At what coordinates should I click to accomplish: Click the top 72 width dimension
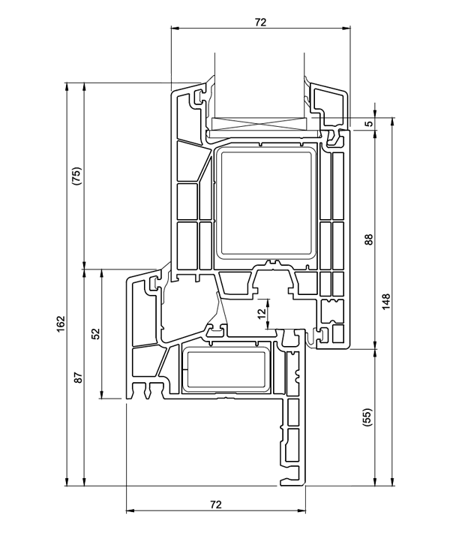260,22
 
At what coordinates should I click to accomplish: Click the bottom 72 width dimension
215,504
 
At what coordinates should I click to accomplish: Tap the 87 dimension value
77,378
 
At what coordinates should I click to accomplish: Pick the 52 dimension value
95,333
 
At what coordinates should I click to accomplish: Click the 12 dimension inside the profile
261,314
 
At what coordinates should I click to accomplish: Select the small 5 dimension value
368,125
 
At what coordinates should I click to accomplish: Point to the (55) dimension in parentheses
367,418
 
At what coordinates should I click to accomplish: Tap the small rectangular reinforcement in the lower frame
226,369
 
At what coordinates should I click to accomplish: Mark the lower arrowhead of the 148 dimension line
392,481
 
